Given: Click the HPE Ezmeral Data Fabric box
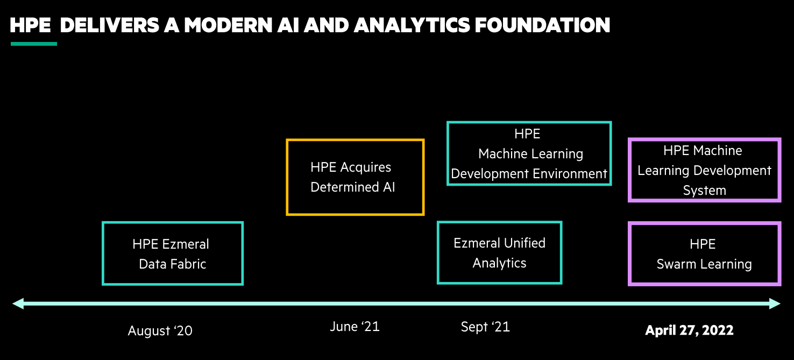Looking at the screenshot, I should pos(172,253).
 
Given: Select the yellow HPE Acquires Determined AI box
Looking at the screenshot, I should pos(355,177).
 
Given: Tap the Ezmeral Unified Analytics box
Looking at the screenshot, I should pos(499,253).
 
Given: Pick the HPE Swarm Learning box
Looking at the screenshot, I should pos(704,254).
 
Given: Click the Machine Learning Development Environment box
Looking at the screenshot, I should pos(529,154).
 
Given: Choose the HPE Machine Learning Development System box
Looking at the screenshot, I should pos(704,170).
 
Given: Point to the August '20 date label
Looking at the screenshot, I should pos(160,330).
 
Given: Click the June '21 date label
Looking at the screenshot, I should pos(355,327).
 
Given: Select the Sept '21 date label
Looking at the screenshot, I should pos(485,327).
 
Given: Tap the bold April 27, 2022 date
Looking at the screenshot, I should pos(689,330).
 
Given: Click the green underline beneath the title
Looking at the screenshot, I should pos(33,44).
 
